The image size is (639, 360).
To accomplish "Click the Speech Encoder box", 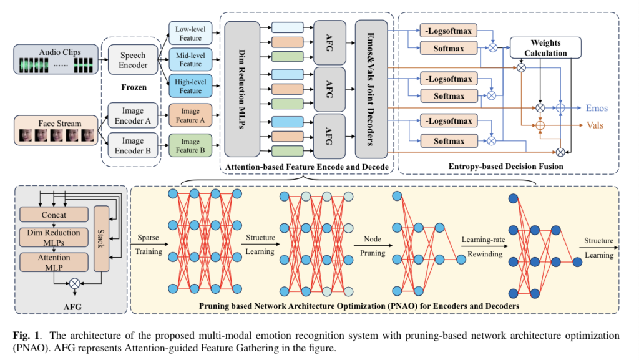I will pyautogui.click(x=133, y=60).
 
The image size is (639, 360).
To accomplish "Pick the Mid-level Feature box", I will pyautogui.click(x=190, y=60).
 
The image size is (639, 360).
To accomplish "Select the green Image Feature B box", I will pyautogui.click(x=190, y=145).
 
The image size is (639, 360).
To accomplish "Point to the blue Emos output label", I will pyautogui.click(x=597, y=108).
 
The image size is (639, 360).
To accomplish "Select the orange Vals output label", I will pyautogui.click(x=595, y=125).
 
